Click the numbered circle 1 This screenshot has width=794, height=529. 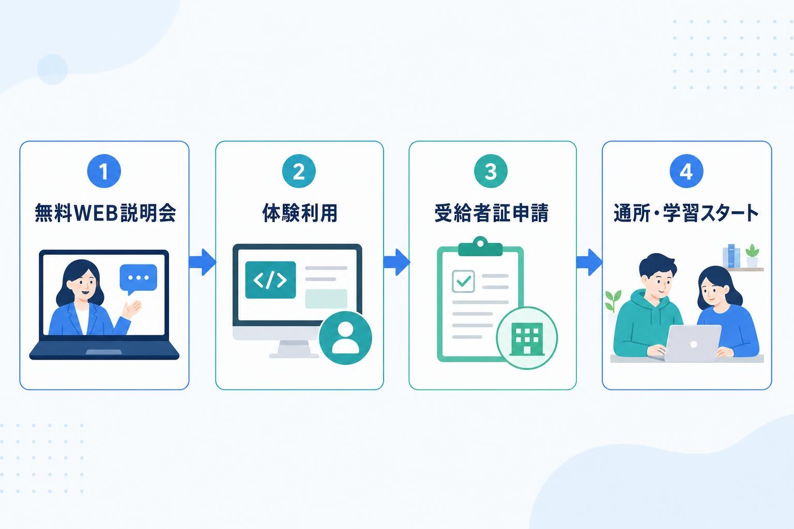point(104,171)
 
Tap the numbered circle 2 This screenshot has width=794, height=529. point(299,171)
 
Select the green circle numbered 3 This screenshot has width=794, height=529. point(491,171)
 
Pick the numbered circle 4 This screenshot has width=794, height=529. point(686,171)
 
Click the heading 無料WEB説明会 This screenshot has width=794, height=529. point(105,213)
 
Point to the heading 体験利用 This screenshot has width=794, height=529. point(300,213)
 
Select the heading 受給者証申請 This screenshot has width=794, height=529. point(492,213)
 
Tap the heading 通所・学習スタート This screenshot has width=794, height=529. point(686,213)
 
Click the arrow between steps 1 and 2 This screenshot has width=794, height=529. point(203,262)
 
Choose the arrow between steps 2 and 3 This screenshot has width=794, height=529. point(396,262)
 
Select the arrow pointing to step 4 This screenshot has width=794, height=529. point(589,262)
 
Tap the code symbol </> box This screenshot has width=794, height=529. point(270,280)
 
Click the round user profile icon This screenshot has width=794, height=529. point(346,338)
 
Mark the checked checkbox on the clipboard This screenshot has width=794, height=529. point(463,282)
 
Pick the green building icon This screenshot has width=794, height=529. point(527,339)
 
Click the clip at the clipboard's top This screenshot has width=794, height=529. point(480,246)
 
